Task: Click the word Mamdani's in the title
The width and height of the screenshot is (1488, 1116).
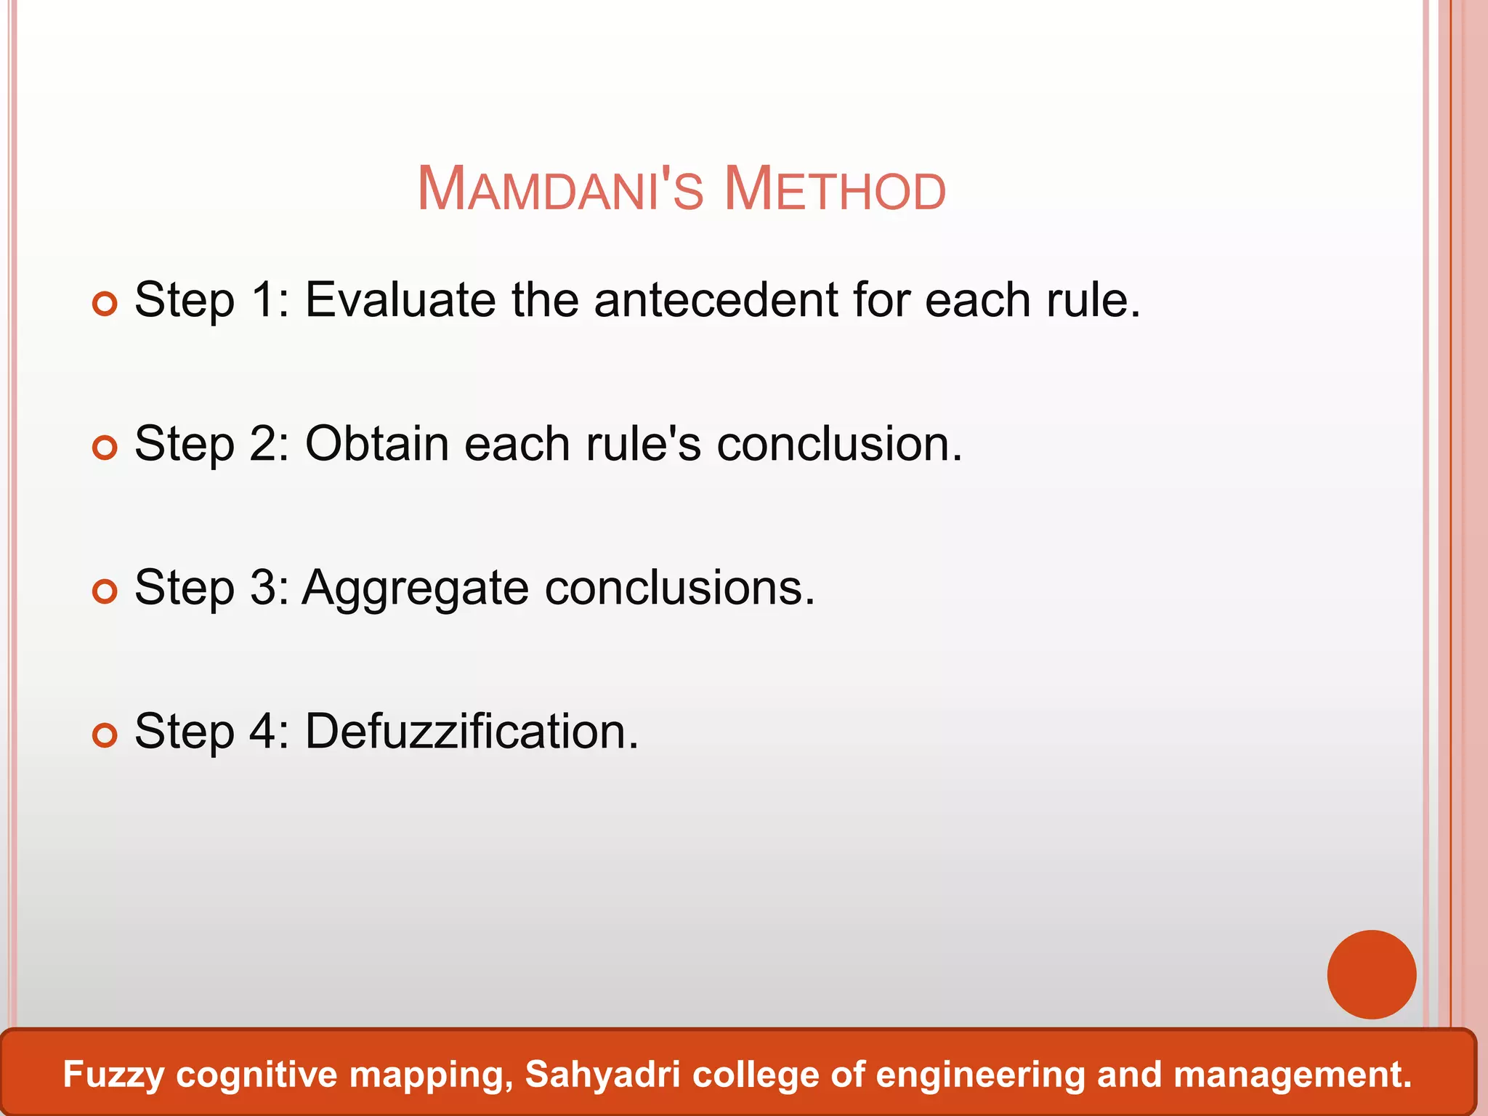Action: pyautogui.click(x=560, y=190)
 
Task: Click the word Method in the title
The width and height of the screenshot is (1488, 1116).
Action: pyautogui.click(x=835, y=190)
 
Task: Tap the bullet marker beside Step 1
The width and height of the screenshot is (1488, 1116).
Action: pyautogui.click(x=105, y=304)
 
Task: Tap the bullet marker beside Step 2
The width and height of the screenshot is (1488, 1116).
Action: pyautogui.click(x=105, y=448)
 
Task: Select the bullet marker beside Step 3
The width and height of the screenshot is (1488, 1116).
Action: pyautogui.click(x=105, y=591)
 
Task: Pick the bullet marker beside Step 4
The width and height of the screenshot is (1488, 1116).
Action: pyautogui.click(x=105, y=735)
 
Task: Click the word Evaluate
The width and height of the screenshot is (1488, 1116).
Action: pyautogui.click(x=400, y=299)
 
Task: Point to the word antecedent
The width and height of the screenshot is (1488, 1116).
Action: pyautogui.click(x=716, y=299)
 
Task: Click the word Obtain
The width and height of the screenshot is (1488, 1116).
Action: pyautogui.click(x=376, y=443)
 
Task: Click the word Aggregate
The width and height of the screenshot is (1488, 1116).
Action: pyautogui.click(x=415, y=589)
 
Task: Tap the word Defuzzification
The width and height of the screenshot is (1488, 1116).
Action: pyautogui.click(x=471, y=731)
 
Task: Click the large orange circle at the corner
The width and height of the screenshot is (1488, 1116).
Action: pyautogui.click(x=1371, y=974)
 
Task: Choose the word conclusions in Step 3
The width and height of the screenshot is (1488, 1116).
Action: pyautogui.click(x=679, y=587)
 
